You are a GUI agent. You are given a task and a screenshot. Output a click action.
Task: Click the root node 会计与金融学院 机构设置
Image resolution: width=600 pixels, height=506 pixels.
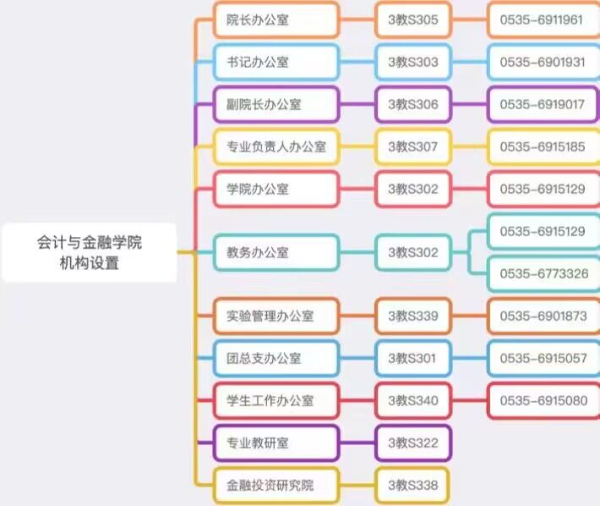pyautogui.click(x=89, y=252)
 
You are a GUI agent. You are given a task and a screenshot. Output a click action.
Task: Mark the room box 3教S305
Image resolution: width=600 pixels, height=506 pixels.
pyautogui.click(x=413, y=19)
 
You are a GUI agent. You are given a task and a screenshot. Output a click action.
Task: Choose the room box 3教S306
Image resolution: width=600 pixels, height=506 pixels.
pyautogui.click(x=413, y=104)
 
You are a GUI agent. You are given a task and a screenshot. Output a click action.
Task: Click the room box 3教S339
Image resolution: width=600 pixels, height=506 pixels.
pyautogui.click(x=413, y=316)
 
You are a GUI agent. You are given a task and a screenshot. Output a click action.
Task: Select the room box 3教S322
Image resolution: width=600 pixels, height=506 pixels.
pyautogui.click(x=413, y=443)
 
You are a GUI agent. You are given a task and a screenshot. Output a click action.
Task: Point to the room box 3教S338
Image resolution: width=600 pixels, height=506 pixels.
pyautogui.click(x=413, y=485)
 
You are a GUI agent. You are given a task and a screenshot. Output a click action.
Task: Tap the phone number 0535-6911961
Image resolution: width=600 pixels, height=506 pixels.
pyautogui.click(x=543, y=19)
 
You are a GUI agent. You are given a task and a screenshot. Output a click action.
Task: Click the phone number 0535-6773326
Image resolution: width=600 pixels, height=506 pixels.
pyautogui.click(x=543, y=273)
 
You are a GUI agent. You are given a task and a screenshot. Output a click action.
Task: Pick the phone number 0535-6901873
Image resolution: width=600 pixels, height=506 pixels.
pyautogui.click(x=543, y=316)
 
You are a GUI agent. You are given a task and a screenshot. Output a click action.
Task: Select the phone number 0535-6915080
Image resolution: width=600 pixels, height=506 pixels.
pyautogui.click(x=543, y=400)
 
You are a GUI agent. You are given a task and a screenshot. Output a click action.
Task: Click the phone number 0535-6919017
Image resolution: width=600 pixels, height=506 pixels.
pyautogui.click(x=543, y=104)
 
